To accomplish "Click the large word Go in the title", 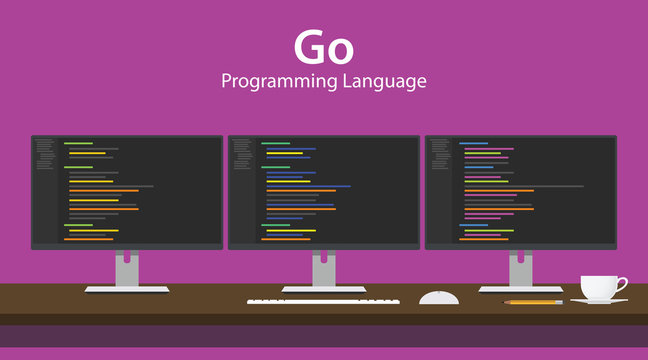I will point(323,48).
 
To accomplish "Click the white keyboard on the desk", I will point(323,300).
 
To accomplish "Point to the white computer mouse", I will point(439,297).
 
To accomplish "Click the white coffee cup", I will point(598,287).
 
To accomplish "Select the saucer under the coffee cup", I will point(599,300).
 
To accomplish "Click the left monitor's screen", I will point(127,191).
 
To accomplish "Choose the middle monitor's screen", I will point(323,191).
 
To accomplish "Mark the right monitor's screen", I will point(520,191).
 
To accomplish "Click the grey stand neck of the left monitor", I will point(126,268).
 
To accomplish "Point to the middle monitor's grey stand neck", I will point(323,268).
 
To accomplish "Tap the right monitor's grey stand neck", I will point(520,268).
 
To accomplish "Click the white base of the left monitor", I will point(126,289).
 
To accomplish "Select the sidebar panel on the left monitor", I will point(45,191).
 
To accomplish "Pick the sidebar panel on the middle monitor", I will point(242,191).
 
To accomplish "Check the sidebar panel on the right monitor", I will point(439,191).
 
